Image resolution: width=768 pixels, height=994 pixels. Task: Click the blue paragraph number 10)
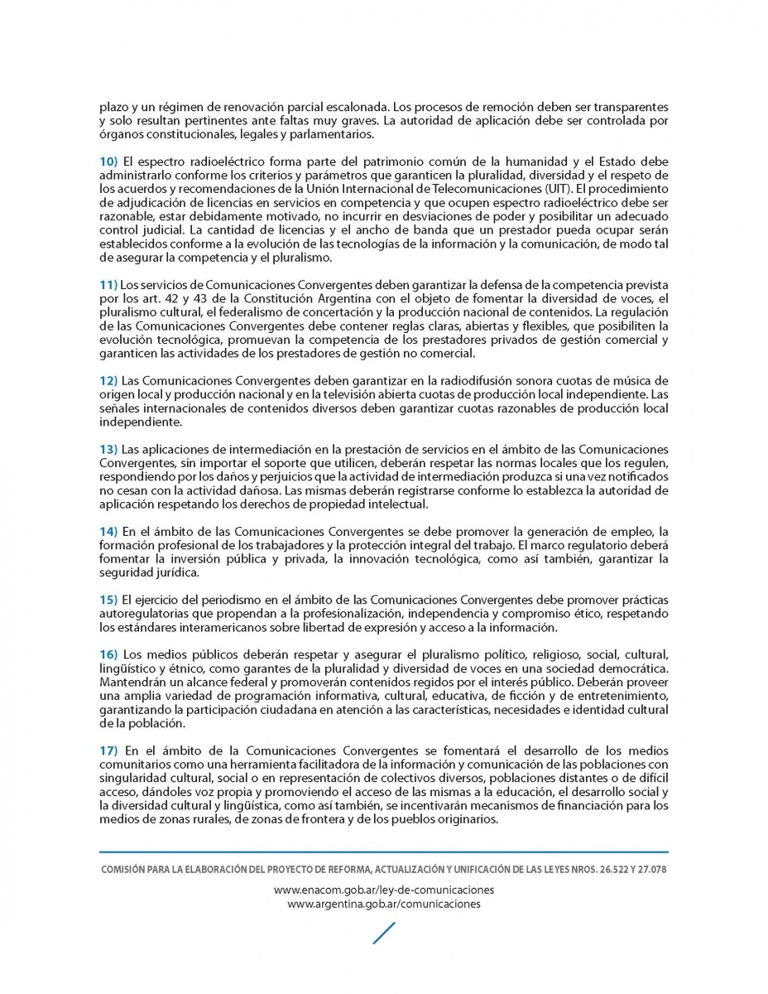pyautogui.click(x=109, y=161)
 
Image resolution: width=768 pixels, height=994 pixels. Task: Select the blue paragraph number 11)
pyautogui.click(x=109, y=285)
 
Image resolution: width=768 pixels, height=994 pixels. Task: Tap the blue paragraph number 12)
pyautogui.click(x=109, y=379)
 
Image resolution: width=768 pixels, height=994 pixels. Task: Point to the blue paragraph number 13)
pyautogui.click(x=109, y=448)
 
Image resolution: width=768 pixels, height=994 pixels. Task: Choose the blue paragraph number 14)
pyautogui.click(x=109, y=530)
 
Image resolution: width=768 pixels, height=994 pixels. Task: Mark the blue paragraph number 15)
pyautogui.click(x=109, y=599)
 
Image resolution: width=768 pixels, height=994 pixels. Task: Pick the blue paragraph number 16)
pyautogui.click(x=109, y=654)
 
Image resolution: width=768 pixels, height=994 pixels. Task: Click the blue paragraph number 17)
pyautogui.click(x=109, y=750)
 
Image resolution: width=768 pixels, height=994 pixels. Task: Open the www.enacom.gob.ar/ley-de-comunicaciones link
pyautogui.click(x=384, y=890)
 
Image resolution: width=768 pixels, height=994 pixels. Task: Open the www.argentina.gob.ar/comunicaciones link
pyautogui.click(x=384, y=904)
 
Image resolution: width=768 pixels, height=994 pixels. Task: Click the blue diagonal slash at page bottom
pyautogui.click(x=384, y=933)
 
